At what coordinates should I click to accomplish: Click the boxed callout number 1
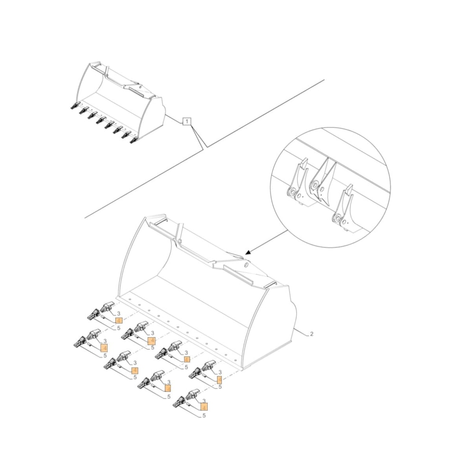(x=187, y=122)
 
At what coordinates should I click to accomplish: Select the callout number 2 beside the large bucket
(x=311, y=334)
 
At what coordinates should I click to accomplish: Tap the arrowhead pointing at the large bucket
(x=248, y=253)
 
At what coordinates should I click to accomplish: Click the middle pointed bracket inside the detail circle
(x=322, y=180)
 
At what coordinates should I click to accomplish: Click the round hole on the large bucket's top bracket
(x=246, y=266)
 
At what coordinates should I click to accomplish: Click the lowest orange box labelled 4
(x=204, y=407)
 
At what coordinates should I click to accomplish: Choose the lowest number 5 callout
(x=204, y=416)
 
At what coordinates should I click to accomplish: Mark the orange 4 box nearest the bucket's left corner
(x=118, y=321)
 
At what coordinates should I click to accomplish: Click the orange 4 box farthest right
(x=219, y=380)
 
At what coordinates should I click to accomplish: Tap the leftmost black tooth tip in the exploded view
(x=76, y=342)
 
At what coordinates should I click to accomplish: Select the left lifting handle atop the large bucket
(x=158, y=220)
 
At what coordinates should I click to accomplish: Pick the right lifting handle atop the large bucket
(x=270, y=284)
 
